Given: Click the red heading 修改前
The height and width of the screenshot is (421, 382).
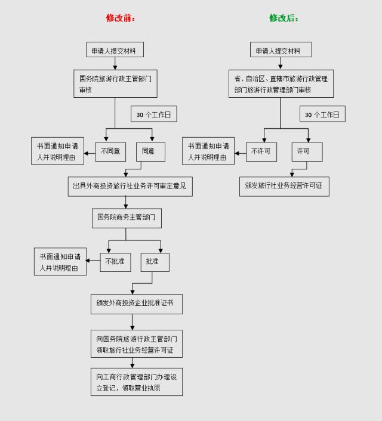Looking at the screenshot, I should pos(121,18).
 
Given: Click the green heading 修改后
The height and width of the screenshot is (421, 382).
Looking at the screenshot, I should pos(284,18).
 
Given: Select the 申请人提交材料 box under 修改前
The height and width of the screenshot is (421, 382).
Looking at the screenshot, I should pos(115,50).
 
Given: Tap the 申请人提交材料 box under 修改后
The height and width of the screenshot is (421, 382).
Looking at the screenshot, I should pos(281,50).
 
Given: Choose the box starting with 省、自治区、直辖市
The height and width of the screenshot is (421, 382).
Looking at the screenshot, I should pos(281,83).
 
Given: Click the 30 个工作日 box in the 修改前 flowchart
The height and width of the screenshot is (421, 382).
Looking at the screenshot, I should pos(154,114).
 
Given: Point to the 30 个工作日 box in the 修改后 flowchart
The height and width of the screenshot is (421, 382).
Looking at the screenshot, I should pos(322,114).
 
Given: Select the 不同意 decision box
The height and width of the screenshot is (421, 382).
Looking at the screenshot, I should pos(110,151).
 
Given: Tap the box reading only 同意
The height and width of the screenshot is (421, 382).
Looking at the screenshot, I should pos(150,151).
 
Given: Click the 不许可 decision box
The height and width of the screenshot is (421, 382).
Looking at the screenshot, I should pos(261,151).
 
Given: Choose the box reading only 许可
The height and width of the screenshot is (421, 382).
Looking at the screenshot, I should pos(307,151).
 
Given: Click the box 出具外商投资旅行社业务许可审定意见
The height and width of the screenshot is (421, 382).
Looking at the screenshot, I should pos(130,186).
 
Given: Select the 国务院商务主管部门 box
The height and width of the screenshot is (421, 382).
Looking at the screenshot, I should pos(127,218).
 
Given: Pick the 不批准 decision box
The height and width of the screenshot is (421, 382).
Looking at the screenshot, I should pos(115,262).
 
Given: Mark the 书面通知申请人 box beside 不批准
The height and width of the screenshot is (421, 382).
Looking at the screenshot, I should pos(60,262).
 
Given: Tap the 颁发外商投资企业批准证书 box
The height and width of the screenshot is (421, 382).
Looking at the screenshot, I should pos(136,304).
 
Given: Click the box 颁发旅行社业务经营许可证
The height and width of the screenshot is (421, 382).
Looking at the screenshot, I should pos(284,186).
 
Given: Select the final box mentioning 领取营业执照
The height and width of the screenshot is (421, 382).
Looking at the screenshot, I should pos(136,382).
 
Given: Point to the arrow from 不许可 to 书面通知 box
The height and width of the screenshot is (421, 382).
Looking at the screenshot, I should pos(240,153).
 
